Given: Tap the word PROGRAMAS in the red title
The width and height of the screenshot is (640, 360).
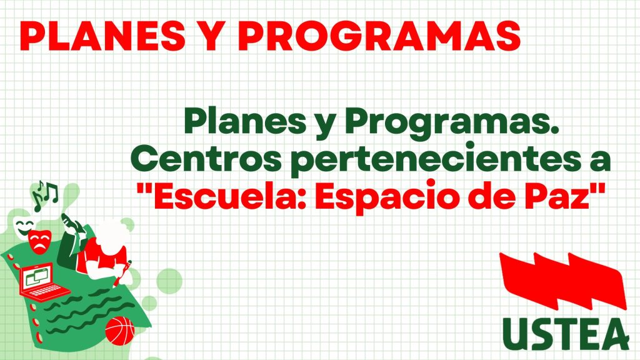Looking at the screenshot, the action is pyautogui.click(x=379, y=36).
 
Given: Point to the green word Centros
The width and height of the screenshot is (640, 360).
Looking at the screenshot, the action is pyautogui.click(x=206, y=160).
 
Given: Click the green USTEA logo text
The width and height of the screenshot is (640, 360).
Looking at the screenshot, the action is pyautogui.click(x=565, y=334).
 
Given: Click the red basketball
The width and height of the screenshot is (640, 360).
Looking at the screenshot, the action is pyautogui.click(x=119, y=330).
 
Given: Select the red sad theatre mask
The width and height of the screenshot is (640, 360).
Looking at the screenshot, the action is pyautogui.click(x=40, y=242).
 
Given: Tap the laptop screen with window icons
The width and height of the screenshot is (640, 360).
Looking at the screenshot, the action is pyautogui.click(x=37, y=276).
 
